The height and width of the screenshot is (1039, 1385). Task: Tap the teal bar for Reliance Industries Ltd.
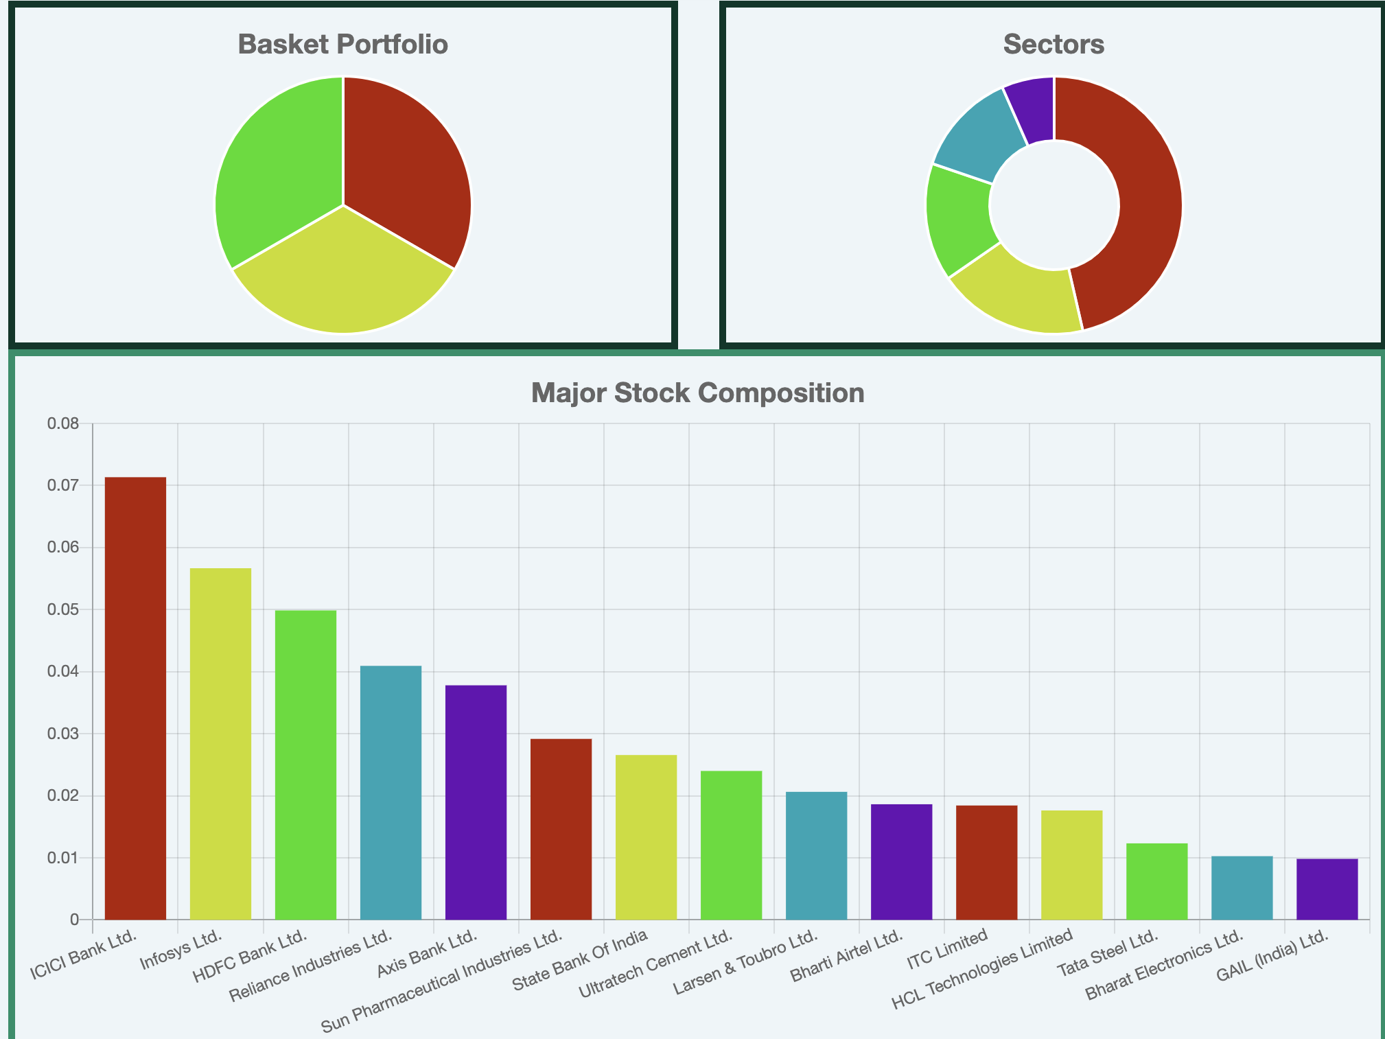[x=391, y=792]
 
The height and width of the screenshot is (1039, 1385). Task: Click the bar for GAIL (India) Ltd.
[x=1327, y=889]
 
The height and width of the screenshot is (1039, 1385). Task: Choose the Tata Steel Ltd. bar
[x=1156, y=881]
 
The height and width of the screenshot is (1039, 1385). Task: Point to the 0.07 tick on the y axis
[x=62, y=486]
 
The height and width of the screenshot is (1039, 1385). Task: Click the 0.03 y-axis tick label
[x=62, y=734]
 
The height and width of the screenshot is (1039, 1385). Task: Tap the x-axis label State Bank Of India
[x=580, y=964]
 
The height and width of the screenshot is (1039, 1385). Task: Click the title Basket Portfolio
[x=342, y=45]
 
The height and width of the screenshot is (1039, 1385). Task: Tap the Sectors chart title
[x=1054, y=45]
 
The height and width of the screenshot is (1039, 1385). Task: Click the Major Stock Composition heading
[x=697, y=393]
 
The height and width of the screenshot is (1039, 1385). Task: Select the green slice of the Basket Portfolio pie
[x=275, y=172]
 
